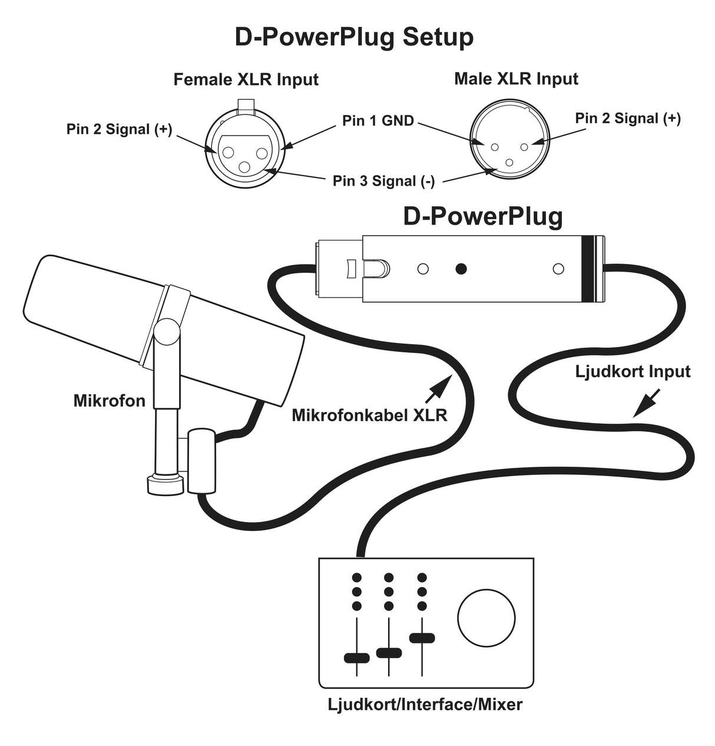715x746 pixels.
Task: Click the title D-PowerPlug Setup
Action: [x=354, y=37]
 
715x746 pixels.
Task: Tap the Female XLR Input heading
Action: [x=246, y=80]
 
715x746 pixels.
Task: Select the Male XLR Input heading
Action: [x=516, y=79]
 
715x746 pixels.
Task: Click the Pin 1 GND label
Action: [x=378, y=121]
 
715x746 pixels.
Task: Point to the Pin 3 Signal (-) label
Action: [x=383, y=181]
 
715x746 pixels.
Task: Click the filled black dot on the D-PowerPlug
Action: [x=461, y=269]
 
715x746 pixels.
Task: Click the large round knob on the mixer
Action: [x=486, y=618]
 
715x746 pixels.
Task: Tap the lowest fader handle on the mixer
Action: [x=356, y=658]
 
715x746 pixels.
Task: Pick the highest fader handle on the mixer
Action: [x=422, y=638]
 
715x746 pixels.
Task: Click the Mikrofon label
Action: [x=109, y=401]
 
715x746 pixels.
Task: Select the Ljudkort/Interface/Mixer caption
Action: [x=425, y=704]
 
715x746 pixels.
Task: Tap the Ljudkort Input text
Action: [x=632, y=371]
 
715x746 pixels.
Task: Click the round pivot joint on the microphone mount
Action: [x=167, y=331]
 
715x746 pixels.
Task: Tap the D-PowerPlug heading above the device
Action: [x=483, y=216]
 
